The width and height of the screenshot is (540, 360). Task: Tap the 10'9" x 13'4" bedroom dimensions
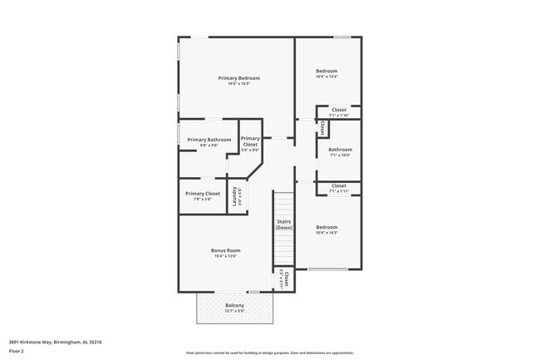click(x=326, y=76)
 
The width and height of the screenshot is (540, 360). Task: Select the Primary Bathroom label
click(x=209, y=140)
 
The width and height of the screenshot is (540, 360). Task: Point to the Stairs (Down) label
click(x=284, y=224)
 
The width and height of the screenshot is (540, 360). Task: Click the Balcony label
click(x=234, y=305)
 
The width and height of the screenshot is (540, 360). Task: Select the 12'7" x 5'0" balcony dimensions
click(x=234, y=312)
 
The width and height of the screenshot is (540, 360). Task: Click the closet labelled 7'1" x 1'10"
click(x=339, y=111)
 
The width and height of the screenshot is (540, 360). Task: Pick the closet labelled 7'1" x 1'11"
click(x=339, y=188)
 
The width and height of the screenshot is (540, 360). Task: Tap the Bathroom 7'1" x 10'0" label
click(x=340, y=152)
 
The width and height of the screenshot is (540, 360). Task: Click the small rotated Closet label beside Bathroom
click(x=322, y=128)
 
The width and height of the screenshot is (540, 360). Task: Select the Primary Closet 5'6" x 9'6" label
click(x=250, y=143)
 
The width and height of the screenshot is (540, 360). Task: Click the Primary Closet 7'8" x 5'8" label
click(x=207, y=195)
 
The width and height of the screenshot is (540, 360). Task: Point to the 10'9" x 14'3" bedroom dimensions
click(x=326, y=233)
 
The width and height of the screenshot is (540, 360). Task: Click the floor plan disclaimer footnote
click(x=269, y=353)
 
